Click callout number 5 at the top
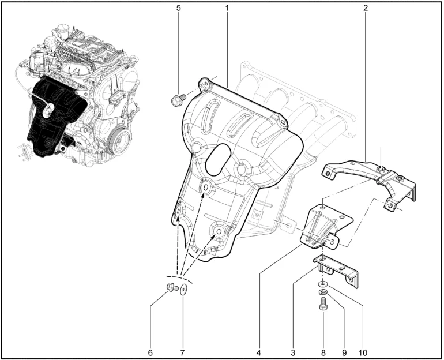pos(178,8)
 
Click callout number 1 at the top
pos(227,8)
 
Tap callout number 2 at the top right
pos(366,8)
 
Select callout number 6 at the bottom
pos(150,352)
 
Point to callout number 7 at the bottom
pos(182,352)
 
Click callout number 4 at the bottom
pos(258,352)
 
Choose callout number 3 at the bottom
pos(293,352)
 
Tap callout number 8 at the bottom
pos(323,352)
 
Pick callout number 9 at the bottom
pos(344,352)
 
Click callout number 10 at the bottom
pos(363,352)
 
